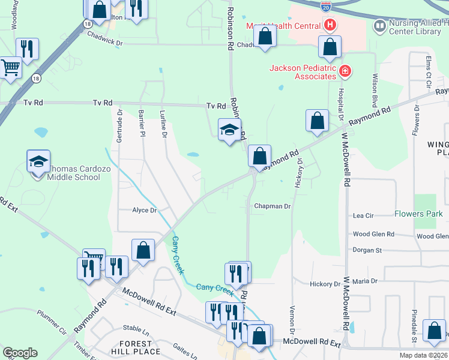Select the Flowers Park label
[418, 214]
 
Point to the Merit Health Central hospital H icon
[329, 25]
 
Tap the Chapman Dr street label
[272, 206]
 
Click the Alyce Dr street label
[144, 210]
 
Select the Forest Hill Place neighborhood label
[136, 347]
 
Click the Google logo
[20, 353]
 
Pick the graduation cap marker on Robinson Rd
[229, 130]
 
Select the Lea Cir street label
[363, 215]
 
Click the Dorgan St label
[367, 250]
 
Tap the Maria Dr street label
[364, 281]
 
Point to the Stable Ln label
[136, 329]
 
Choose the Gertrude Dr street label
[119, 122]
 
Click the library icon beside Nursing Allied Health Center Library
[379, 25]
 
